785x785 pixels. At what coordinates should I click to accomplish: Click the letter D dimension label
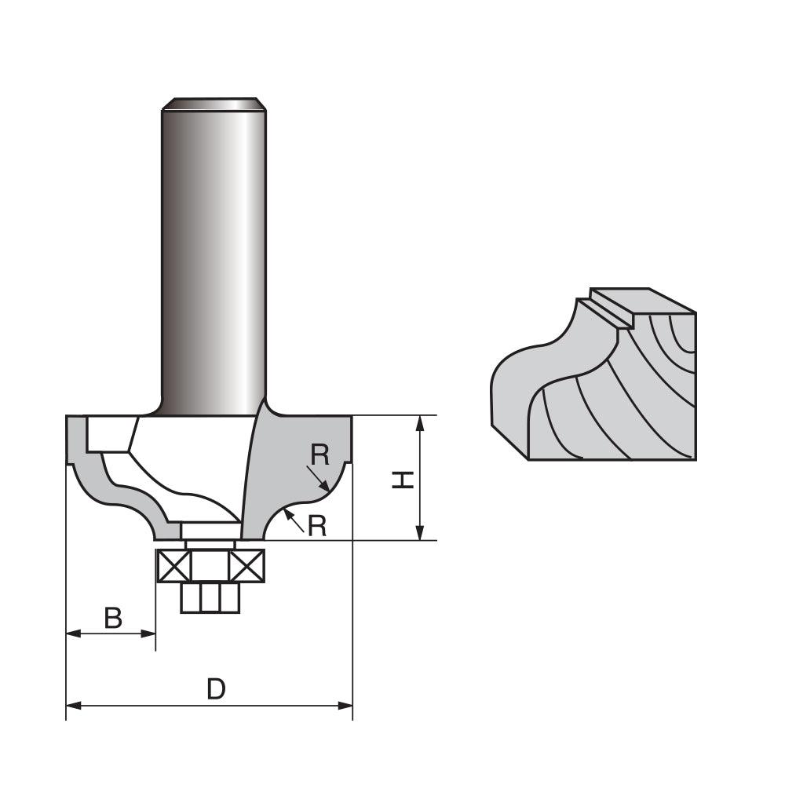(x=216, y=689)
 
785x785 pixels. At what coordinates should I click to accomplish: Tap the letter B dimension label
(x=113, y=619)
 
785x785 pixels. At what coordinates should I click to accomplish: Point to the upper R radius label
(x=319, y=454)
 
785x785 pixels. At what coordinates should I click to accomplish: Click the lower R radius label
(x=316, y=526)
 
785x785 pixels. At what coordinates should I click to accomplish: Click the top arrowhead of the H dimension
(x=421, y=422)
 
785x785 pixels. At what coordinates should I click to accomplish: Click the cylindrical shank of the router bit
(x=213, y=259)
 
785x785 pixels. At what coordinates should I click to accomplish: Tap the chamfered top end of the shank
(x=212, y=104)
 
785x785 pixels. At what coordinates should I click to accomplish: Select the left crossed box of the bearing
(x=174, y=566)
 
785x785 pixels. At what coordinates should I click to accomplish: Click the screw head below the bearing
(x=210, y=598)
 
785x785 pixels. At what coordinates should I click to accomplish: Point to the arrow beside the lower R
(x=294, y=518)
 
